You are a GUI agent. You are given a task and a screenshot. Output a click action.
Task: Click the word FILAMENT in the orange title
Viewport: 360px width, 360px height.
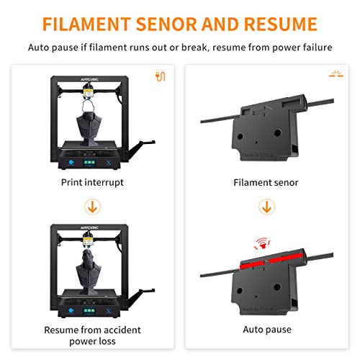pyautogui.click(x=86, y=24)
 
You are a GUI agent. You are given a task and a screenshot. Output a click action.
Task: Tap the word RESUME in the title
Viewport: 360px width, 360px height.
pyautogui.click(x=281, y=24)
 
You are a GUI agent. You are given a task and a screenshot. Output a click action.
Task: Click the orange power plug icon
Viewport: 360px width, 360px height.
pyautogui.click(x=161, y=76)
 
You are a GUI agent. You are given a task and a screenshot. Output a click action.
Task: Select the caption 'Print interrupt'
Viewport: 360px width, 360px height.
pyautogui.click(x=92, y=183)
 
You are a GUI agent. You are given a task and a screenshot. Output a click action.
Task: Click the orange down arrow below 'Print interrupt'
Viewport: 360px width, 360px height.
pyautogui.click(x=92, y=207)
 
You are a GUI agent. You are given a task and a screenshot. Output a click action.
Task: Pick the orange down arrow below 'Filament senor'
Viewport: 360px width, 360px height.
pyautogui.click(x=266, y=207)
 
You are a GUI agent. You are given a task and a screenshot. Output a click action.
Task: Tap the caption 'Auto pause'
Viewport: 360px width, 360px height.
pyautogui.click(x=267, y=330)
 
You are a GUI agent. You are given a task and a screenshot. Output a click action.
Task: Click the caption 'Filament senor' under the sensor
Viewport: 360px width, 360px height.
pyautogui.click(x=266, y=183)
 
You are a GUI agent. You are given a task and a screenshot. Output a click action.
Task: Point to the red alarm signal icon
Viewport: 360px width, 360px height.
pyautogui.click(x=262, y=243)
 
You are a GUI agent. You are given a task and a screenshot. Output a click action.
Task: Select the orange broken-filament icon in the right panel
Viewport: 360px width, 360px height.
pyautogui.click(x=336, y=74)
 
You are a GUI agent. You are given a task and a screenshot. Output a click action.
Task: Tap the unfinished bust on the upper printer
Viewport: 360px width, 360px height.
pyautogui.click(x=89, y=127)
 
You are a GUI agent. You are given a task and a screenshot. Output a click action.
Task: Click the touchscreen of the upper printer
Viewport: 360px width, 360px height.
pyautogui.click(x=89, y=163)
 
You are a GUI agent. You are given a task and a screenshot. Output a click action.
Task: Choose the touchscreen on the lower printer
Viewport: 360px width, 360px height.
pyautogui.click(x=89, y=311)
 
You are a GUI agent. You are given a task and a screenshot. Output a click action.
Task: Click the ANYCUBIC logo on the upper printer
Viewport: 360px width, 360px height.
pyautogui.click(x=89, y=79)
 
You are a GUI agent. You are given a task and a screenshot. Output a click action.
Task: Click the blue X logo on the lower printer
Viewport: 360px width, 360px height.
pyautogui.click(x=109, y=311)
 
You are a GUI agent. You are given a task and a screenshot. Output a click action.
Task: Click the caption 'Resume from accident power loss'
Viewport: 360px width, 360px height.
pyautogui.click(x=92, y=336)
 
